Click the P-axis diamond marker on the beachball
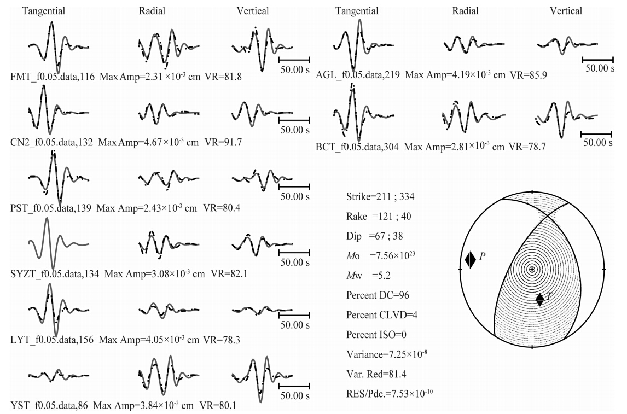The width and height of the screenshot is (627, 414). coord(470,259)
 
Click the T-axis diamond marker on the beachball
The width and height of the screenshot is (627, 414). coord(540,299)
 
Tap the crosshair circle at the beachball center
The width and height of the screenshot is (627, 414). coord(532,269)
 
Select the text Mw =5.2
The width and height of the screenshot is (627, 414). coord(366,276)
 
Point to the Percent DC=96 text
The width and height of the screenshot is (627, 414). coord(378,295)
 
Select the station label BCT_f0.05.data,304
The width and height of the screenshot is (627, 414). coord(358,146)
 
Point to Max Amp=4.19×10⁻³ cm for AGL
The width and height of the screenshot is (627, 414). coord(455,74)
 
